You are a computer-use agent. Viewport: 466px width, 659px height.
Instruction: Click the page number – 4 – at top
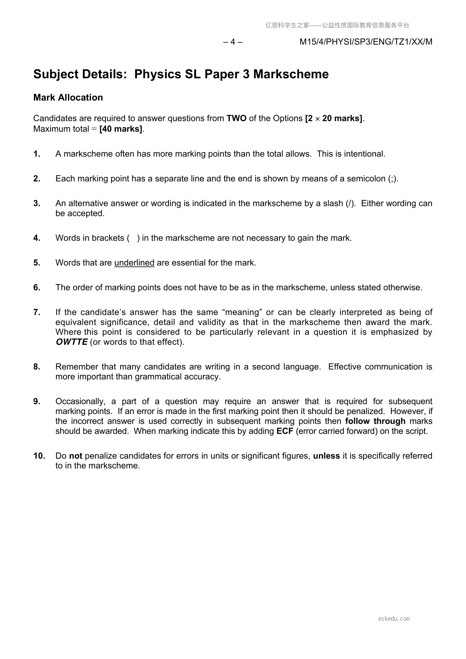pos(232,42)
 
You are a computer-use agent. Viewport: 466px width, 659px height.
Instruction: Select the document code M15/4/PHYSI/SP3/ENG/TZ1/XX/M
pos(366,42)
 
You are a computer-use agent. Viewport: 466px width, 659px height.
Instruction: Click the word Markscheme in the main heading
pos(291,74)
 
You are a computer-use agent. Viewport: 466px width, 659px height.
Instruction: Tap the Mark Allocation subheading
pos(68,97)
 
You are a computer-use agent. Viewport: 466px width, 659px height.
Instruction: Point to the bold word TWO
pos(236,118)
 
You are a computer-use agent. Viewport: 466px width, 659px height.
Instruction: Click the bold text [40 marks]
pos(121,129)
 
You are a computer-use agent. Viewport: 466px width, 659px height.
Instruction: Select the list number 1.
pos(37,154)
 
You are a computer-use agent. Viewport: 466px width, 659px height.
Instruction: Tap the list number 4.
pos(37,238)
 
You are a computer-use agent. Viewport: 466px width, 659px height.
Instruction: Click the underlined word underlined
pos(134,263)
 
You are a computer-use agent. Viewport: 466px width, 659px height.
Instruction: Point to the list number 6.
pos(37,287)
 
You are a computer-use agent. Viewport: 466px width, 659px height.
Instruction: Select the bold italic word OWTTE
pos(72,342)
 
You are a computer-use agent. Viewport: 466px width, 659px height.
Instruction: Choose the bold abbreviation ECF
pos(285,431)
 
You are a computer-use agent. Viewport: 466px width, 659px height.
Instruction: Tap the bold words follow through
pos(375,421)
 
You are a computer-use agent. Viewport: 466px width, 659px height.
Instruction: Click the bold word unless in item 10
pos(326,456)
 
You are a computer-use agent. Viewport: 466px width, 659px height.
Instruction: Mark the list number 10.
pos(39,456)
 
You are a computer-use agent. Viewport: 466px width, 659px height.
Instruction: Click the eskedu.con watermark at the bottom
pos(394,619)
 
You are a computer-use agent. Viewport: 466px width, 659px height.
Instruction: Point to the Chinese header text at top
pos(337,25)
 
